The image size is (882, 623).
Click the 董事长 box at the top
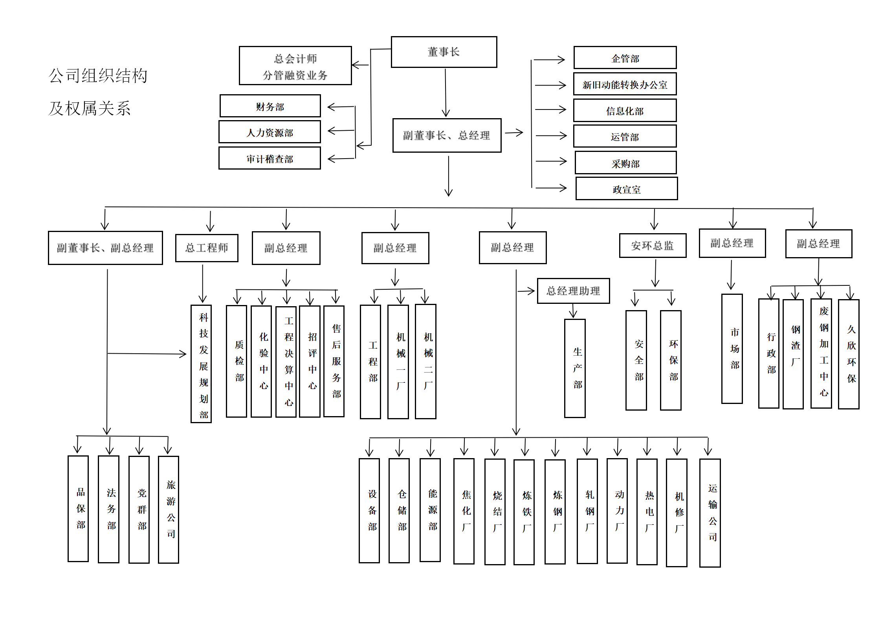click(x=444, y=52)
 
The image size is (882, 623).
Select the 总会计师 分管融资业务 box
click(x=295, y=66)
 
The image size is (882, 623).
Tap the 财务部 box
click(x=270, y=106)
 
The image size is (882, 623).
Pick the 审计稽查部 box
click(x=270, y=158)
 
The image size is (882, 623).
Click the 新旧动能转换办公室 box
click(x=625, y=84)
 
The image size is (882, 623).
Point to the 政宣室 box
click(x=626, y=189)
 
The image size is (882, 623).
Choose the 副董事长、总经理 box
click(x=447, y=135)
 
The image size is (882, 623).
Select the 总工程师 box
click(x=207, y=248)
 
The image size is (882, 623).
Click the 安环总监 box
click(x=653, y=246)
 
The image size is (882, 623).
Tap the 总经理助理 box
click(x=573, y=291)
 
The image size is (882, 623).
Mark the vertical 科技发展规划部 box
click(x=201, y=364)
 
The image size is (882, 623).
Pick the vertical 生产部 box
click(x=575, y=368)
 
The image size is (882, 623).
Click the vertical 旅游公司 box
click(x=169, y=510)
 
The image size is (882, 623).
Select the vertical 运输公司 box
click(x=710, y=513)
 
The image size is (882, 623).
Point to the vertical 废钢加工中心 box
click(x=821, y=353)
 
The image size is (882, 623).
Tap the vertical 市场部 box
click(x=732, y=349)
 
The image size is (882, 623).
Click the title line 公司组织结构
click(x=98, y=76)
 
